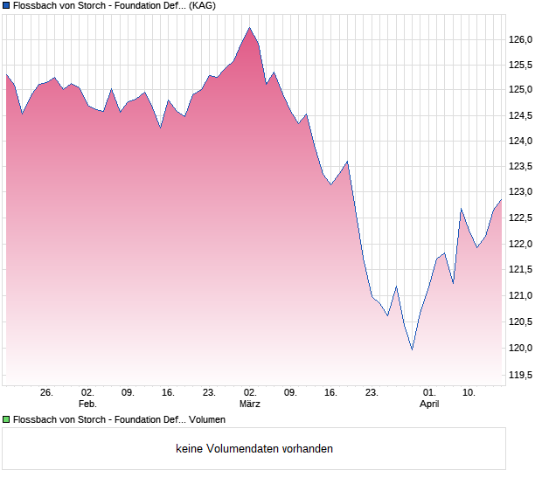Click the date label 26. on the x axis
tap(47, 393)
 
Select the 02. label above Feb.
tap(87, 393)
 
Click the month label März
tap(250, 404)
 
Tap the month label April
tap(429, 404)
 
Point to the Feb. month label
tap(87, 404)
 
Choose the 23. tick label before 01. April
tap(372, 393)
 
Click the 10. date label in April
tap(469, 393)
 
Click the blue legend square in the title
tap(6, 5)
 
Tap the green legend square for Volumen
tap(6, 420)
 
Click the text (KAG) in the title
tap(203, 5)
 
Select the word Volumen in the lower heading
tap(207, 420)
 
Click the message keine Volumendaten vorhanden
tap(254, 449)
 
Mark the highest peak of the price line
tap(250, 27)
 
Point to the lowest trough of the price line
tap(412, 349)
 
